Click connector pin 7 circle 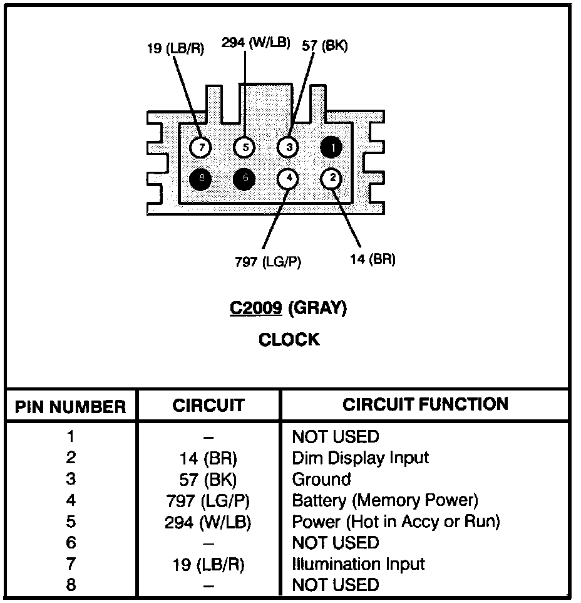pyautogui.click(x=201, y=148)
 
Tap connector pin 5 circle pyautogui.click(x=245, y=148)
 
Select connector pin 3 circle pyautogui.click(x=288, y=148)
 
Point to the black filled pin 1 pyautogui.click(x=332, y=148)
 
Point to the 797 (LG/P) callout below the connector pyautogui.click(x=268, y=262)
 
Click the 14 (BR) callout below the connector pyautogui.click(x=373, y=259)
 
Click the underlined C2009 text pyautogui.click(x=255, y=308)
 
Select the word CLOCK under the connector pyautogui.click(x=289, y=340)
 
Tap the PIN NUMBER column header pyautogui.click(x=71, y=407)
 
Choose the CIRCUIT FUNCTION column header pyautogui.click(x=425, y=404)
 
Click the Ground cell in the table pyautogui.click(x=321, y=480)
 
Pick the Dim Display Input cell pyautogui.click(x=361, y=458)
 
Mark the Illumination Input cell pyautogui.click(x=359, y=564)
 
